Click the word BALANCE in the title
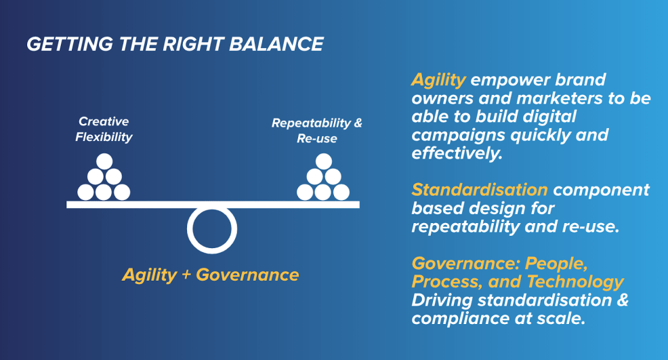pos(276,44)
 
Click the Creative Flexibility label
pos(104,129)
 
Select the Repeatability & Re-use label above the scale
pos(317,131)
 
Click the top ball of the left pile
pos(104,161)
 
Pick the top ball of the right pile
pos(324,161)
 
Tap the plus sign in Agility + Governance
pos(186,275)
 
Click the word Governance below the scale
pos(247,275)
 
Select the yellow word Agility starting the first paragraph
pos(438,80)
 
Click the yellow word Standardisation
pos(480,190)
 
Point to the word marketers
pos(560,98)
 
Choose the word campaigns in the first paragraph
pos(459,136)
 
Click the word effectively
pos(457,153)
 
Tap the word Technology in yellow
pos(575,282)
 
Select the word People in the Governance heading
pos(556,264)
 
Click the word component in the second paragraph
pos(601,191)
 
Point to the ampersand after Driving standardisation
pos(623,300)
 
